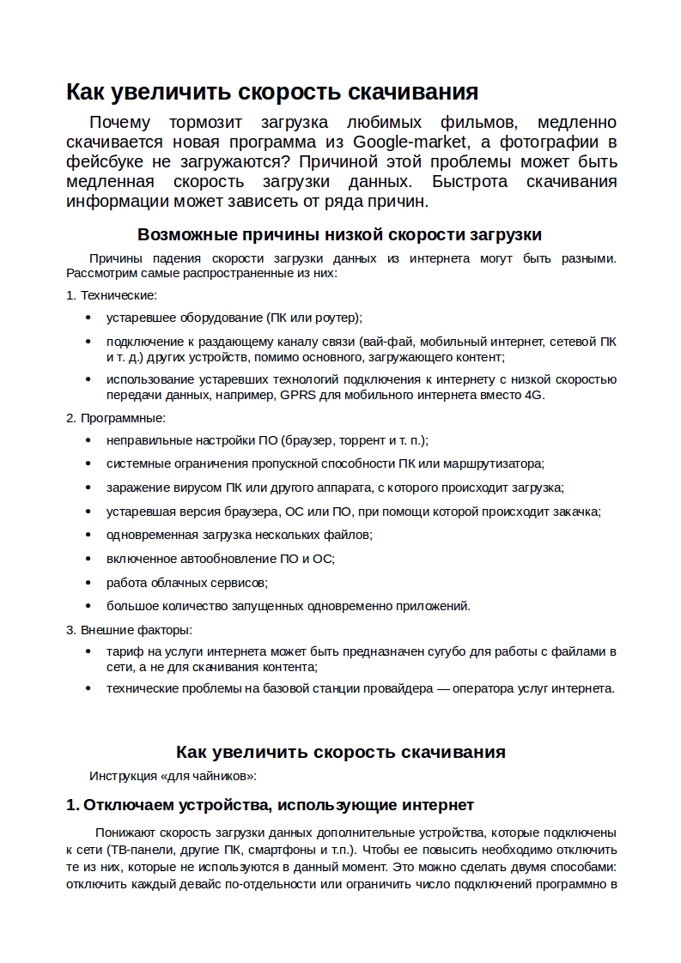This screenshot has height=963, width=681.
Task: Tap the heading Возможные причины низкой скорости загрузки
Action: (x=339, y=234)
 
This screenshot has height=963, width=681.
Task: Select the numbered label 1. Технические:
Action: (x=112, y=294)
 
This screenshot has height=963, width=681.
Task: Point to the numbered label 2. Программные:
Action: (x=116, y=418)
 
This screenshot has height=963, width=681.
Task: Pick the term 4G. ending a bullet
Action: (x=534, y=395)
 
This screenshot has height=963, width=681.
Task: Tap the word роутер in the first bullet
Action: (x=337, y=317)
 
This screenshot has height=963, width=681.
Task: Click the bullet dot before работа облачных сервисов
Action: (x=88, y=582)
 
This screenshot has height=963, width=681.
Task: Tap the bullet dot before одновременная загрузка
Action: (x=88, y=535)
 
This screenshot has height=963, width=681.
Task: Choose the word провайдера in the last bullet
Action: (x=404, y=688)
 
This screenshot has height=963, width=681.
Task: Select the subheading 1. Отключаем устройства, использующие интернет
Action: (x=270, y=805)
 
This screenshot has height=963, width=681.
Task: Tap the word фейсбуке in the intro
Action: (x=102, y=161)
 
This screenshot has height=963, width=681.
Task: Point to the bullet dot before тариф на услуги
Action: (x=88, y=651)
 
